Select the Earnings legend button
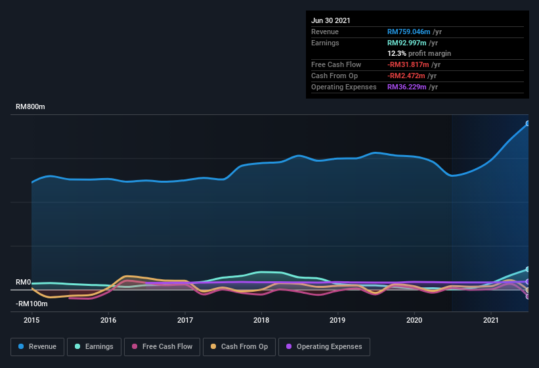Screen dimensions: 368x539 [93, 346]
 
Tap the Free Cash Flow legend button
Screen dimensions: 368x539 [162, 346]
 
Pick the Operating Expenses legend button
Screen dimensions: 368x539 [324, 346]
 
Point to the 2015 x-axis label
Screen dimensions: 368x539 [32, 320]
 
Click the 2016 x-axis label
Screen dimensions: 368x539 [108, 320]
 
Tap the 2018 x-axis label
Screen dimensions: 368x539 [261, 320]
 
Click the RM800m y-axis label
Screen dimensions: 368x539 [31, 106]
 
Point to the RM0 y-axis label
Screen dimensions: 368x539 [24, 282]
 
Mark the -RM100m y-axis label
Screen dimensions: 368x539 [32, 304]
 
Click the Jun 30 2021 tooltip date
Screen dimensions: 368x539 [331, 20]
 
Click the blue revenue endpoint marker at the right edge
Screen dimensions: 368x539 [527, 124]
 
